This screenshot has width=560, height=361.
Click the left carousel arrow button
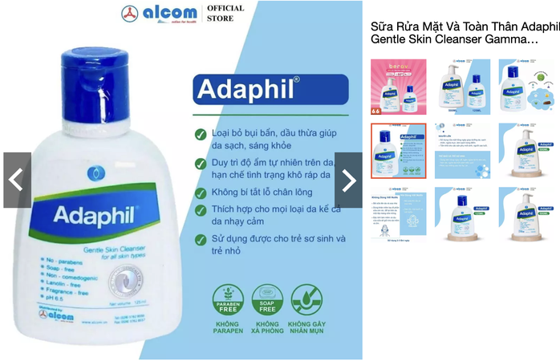[x=17, y=180]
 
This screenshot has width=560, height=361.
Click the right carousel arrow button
[x=348, y=180]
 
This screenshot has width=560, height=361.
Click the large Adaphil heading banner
[x=270, y=89]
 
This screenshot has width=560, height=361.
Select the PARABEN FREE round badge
[x=228, y=299]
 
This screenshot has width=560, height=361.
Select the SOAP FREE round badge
[x=267, y=299]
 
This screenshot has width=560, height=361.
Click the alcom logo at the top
[x=157, y=14]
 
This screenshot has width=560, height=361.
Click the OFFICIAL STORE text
[x=225, y=13]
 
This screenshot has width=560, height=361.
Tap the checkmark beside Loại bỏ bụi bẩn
[x=200, y=134]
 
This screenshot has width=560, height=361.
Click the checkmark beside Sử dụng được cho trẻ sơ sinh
[x=200, y=239]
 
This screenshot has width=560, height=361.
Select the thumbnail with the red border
[x=398, y=150]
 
